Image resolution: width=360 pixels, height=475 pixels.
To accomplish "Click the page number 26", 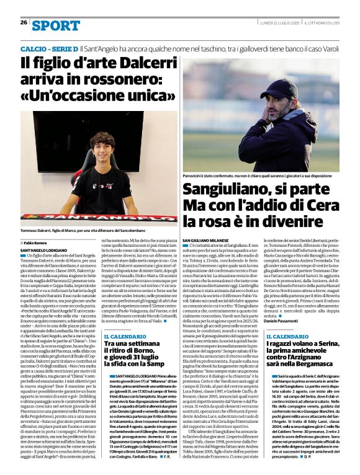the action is (24, 22).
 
